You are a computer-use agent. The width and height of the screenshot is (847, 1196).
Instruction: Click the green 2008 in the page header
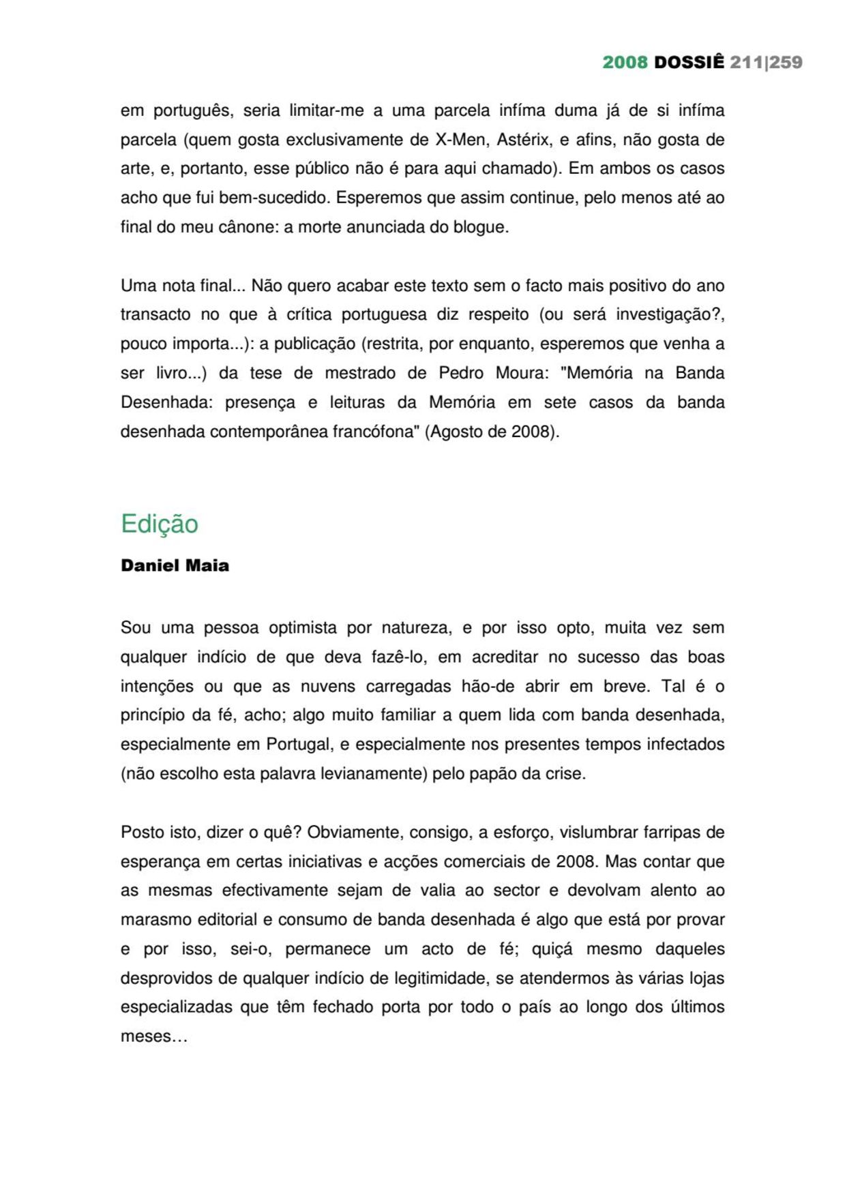(625, 63)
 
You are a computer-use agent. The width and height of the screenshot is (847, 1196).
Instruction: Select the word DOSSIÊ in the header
(689, 63)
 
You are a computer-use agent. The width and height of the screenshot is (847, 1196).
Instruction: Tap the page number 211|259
(766, 63)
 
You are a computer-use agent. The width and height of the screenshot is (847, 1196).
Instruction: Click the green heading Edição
(160, 524)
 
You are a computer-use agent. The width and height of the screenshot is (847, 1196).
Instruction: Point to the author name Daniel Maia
(175, 565)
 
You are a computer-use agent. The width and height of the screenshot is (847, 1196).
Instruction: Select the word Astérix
(522, 140)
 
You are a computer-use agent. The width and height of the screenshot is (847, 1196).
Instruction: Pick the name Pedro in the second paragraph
(461, 373)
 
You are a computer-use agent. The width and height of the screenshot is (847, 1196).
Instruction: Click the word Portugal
(298, 744)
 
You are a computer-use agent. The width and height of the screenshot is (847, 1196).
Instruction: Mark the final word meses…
(154, 1037)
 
